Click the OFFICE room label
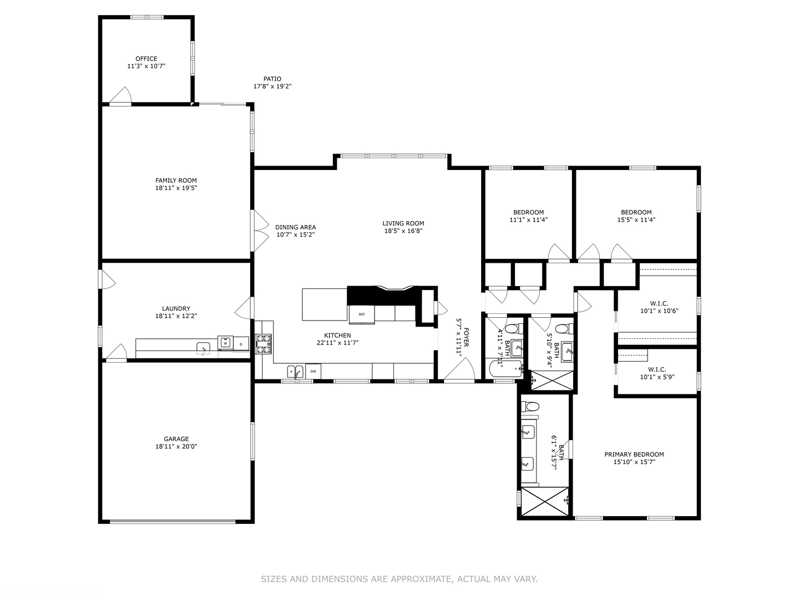pos(146,58)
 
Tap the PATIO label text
pos(272,79)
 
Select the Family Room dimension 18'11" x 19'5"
pos(176,188)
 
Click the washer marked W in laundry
pos(225,343)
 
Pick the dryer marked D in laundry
pos(241,344)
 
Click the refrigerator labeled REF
pos(362,314)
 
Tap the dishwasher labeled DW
pos(313,371)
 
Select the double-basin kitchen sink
pos(295,371)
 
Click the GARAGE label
pos(176,439)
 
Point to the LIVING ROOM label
pos(403,223)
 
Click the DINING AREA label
pos(296,227)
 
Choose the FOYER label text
pos(466,337)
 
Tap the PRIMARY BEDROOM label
pos(634,454)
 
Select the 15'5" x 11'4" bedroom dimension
pos(636,219)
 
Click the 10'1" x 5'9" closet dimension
pos(657,377)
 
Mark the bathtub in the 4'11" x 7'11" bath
pos(504,368)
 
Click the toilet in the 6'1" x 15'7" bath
pos(530,406)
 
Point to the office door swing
pos(121,96)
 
